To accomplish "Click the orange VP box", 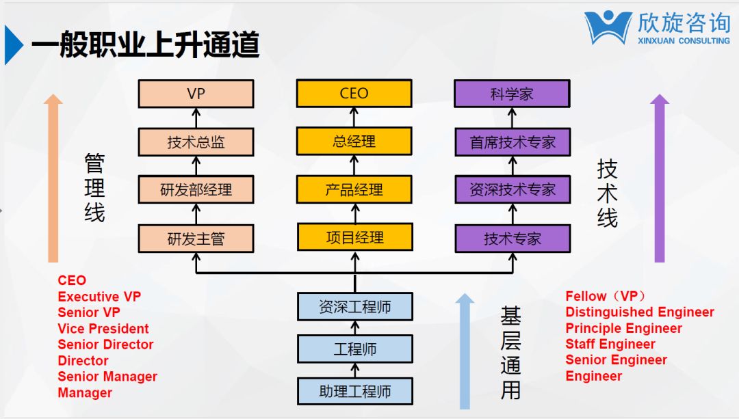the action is tap(196, 94).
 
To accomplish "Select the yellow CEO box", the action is tap(354, 93).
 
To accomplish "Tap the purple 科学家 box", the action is tap(512, 94).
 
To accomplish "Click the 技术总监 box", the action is tap(196, 141).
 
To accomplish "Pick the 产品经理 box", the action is tap(354, 189).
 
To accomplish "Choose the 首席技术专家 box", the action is tap(513, 141).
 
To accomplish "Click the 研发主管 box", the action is tap(196, 239).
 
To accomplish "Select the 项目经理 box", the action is tap(355, 237).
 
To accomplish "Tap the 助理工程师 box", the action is tap(355, 391).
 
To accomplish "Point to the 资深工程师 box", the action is tap(355, 306).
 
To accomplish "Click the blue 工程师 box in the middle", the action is tap(355, 349).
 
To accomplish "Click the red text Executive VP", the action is tap(99, 297).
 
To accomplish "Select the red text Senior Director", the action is tap(105, 344).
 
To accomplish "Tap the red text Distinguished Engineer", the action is tap(640, 312).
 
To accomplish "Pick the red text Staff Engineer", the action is tap(610, 344).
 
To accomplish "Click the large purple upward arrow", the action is tap(660, 178).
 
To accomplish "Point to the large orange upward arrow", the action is tap(53, 178).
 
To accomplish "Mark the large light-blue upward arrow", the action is tap(465, 351).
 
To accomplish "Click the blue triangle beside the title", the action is tap(13, 44).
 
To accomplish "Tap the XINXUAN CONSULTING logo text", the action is tap(684, 41).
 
